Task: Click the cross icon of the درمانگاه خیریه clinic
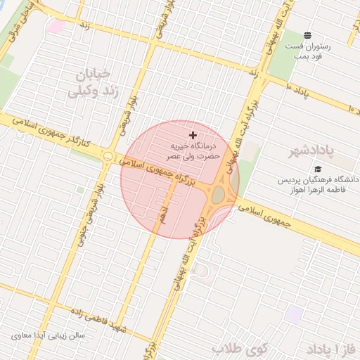pos(193,134)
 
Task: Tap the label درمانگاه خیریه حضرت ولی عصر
pos(193,151)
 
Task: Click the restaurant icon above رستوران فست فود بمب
pos(307,35)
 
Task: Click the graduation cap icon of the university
pos(318,169)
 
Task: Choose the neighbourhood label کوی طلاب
pos(241,349)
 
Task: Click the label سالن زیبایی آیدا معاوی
pos(48,335)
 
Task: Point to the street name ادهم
pos(162,212)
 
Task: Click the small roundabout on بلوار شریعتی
pos(108,156)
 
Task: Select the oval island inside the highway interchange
pos(219,194)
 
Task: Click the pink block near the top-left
pos(56,27)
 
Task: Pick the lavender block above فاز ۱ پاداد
pos(295,314)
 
